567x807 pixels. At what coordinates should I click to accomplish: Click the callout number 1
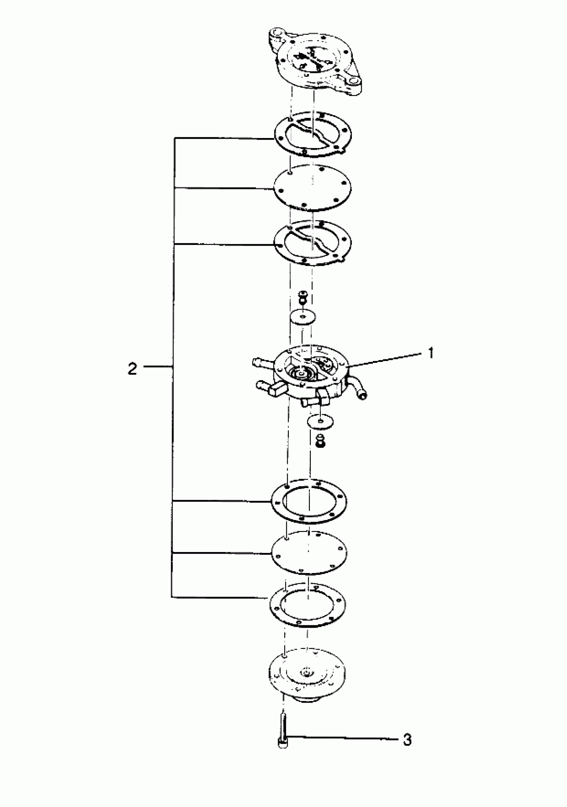(x=431, y=353)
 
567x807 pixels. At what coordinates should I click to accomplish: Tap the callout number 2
(x=132, y=369)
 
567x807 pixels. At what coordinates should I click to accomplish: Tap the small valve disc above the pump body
(x=303, y=316)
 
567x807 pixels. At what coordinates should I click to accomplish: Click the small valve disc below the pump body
(x=321, y=421)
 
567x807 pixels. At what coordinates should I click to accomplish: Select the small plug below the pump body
(x=320, y=440)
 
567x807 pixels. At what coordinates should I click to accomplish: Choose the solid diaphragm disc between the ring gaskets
(x=309, y=553)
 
